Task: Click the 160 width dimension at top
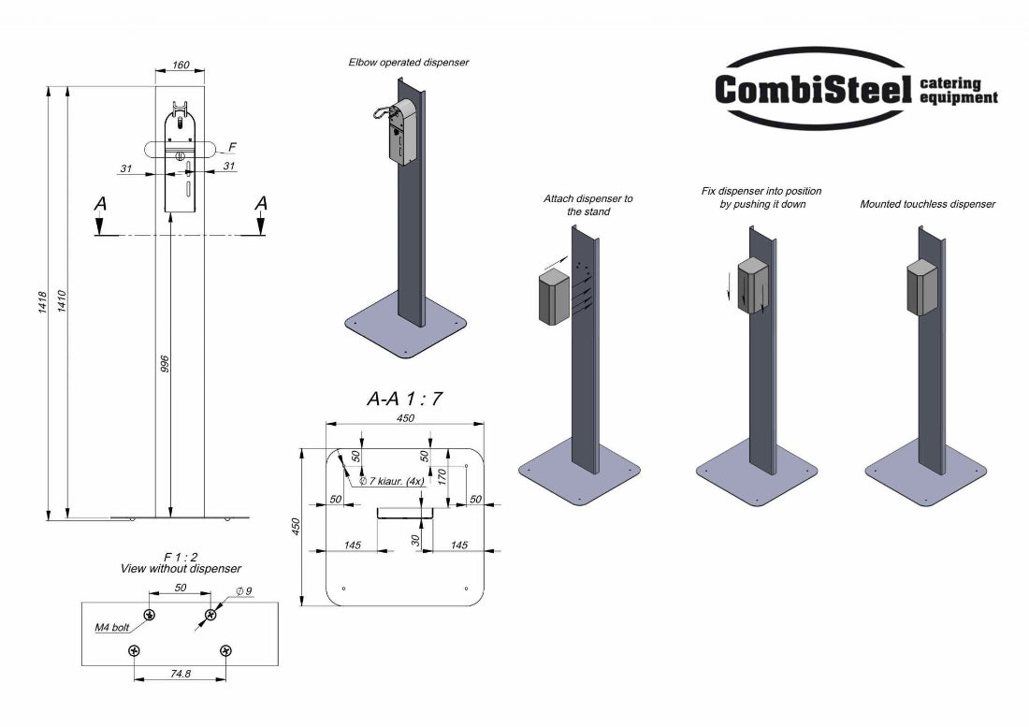[x=180, y=65]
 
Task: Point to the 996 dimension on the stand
[x=165, y=366]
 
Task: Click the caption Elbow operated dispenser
[x=408, y=63]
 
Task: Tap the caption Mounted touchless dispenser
[x=927, y=204]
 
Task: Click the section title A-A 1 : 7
[x=404, y=399]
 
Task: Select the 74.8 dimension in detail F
[x=179, y=673]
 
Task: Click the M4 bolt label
[x=112, y=628]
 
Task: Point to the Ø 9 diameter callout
[x=244, y=590]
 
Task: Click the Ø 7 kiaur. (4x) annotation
[x=392, y=481]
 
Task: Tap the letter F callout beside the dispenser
[x=232, y=147]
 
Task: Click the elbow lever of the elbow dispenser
[x=381, y=112]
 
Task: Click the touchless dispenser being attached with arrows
[x=554, y=297]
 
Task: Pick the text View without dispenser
[x=181, y=569]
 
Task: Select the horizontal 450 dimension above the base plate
[x=405, y=419]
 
